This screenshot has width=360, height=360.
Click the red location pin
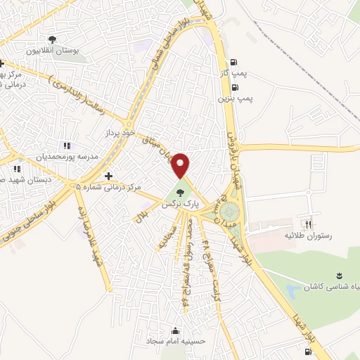pos(181,166)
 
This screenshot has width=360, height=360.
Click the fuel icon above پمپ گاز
pos(233,60)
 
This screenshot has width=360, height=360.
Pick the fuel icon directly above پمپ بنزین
pos(233,88)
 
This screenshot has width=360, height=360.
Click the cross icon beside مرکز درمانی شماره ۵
pos(108,176)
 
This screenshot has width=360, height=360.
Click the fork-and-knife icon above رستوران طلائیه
pos(307,224)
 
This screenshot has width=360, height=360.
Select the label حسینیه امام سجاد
pos(174,342)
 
